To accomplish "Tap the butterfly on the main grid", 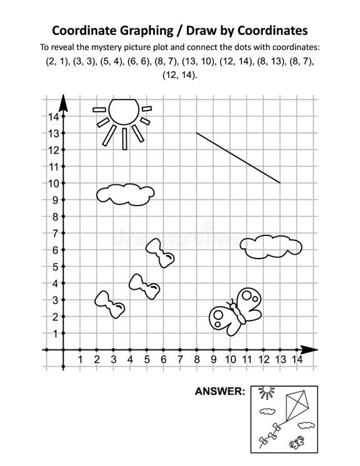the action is tap(234, 311).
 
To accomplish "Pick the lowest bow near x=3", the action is tap(109, 303).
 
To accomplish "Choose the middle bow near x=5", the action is tap(144, 287).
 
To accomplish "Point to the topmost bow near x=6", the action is tap(160, 252).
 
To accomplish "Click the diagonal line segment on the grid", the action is tap(238, 157).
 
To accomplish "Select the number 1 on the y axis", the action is tap(54, 334).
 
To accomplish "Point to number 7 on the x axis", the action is tap(180, 360).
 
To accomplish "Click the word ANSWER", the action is tap(220, 392).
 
